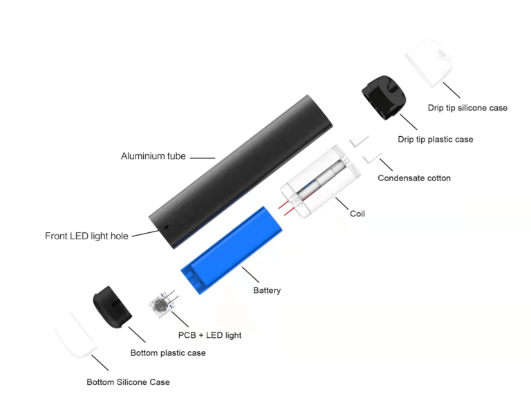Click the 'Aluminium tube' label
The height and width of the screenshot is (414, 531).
click(153, 156)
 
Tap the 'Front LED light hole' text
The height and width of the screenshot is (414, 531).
click(86, 236)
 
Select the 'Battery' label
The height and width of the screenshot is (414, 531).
click(267, 290)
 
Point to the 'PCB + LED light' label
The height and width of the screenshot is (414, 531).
click(209, 335)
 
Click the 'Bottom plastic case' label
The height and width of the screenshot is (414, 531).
click(168, 352)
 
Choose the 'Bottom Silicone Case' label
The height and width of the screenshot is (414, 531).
click(128, 382)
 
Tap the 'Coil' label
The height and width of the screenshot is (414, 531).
click(357, 214)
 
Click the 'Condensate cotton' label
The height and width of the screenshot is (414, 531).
click(414, 178)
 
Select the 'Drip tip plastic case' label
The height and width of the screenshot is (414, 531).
click(436, 139)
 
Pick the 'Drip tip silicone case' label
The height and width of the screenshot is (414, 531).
click(467, 108)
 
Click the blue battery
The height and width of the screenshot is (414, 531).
click(232, 250)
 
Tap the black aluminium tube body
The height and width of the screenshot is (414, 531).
click(241, 172)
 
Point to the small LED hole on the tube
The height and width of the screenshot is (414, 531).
click(166, 227)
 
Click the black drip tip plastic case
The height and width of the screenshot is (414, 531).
click(383, 97)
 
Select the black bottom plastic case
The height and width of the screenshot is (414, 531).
click(112, 307)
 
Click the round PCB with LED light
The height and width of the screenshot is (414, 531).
click(160, 305)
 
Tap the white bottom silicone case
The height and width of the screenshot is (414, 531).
click(76, 335)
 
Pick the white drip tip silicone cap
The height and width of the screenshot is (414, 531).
click(429, 63)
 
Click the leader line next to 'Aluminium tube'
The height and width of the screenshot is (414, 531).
click(203, 158)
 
